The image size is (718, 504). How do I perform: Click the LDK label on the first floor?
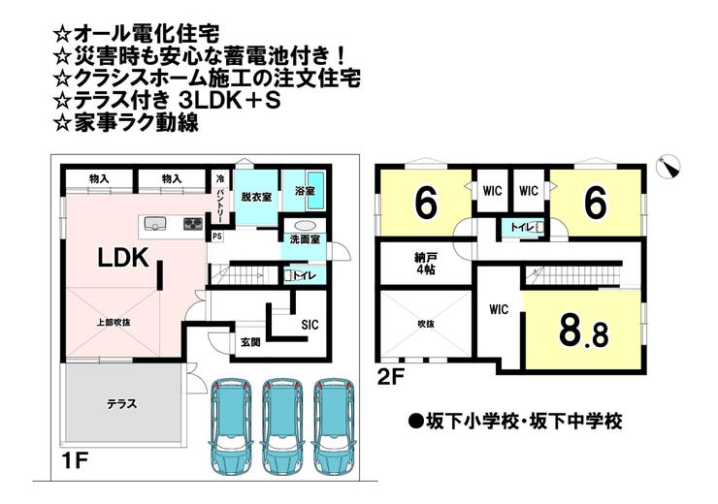[123, 258]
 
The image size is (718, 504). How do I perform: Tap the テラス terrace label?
[121, 404]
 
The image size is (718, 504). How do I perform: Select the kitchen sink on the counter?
[155, 224]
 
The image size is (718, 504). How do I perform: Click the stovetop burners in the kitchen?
[194, 224]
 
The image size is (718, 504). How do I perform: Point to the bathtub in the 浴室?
[315, 190]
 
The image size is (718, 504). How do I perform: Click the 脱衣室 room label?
[256, 197]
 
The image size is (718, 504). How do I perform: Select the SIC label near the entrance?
[310, 325]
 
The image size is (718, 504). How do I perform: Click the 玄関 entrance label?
[250, 341]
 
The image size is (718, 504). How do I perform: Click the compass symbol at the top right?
[669, 167]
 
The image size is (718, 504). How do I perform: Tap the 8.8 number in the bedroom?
[584, 331]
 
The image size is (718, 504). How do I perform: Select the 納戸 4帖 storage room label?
[422, 265]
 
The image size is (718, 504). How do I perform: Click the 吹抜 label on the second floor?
[426, 324]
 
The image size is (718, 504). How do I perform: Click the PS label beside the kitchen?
[217, 236]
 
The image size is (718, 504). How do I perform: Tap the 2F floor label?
[391, 377]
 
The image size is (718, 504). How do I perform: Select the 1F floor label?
[74, 460]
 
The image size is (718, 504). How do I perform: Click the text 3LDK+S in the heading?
[229, 101]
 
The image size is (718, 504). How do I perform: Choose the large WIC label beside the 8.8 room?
[499, 309]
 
